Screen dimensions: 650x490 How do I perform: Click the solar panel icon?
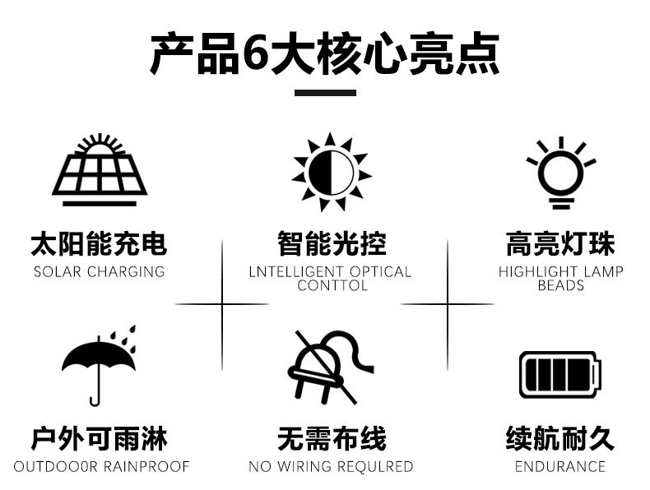tap(100, 170)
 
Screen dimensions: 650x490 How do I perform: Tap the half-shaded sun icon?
tap(332, 172)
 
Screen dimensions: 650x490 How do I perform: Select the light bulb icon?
tap(561, 173)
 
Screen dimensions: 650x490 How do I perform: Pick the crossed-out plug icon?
tap(331, 367)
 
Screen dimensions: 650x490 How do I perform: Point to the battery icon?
tap(560, 375)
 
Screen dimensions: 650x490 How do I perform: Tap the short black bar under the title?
tap(326, 93)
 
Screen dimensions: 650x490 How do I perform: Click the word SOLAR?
tap(58, 271)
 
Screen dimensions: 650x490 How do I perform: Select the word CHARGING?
tap(126, 271)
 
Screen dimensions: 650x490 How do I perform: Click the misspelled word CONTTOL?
tap(332, 285)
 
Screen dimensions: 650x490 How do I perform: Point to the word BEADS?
tap(561, 285)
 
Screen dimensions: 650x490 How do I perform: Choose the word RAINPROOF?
tap(146, 466)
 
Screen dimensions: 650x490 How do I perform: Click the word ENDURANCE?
tap(560, 466)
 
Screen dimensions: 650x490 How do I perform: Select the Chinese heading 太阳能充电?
tap(99, 244)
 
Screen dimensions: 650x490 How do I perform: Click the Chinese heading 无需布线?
tap(332, 439)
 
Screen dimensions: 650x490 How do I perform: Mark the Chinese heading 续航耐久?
tap(560, 438)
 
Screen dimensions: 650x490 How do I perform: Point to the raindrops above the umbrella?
tap(123, 338)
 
